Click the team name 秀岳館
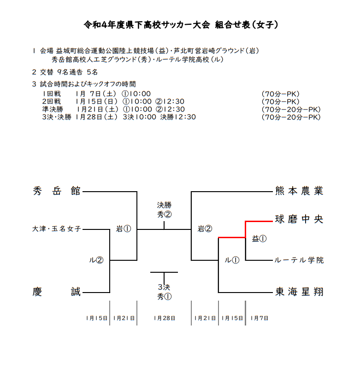(x=57, y=191)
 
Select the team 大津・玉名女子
(x=57, y=229)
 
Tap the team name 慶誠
(x=57, y=292)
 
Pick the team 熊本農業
(x=299, y=191)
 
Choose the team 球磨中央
(x=299, y=219)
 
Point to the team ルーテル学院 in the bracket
(x=299, y=260)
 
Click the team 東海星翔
(x=299, y=292)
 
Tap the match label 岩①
(x=123, y=229)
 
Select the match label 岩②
(x=205, y=229)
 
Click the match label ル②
(x=96, y=260)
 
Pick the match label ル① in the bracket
(x=232, y=260)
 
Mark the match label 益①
(x=259, y=239)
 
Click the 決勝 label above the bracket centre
(x=164, y=205)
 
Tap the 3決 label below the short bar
(x=164, y=287)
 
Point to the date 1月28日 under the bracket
(x=164, y=318)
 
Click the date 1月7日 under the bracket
(x=260, y=318)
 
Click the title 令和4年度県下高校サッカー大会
(x=147, y=24)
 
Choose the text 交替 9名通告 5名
(x=69, y=72)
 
